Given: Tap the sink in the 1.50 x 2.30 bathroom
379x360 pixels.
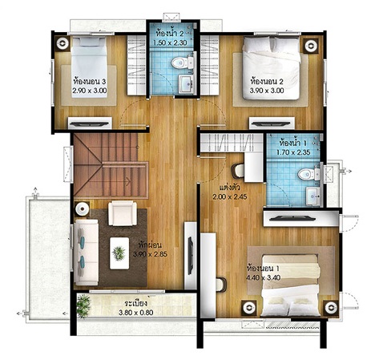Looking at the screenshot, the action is click(x=185, y=84).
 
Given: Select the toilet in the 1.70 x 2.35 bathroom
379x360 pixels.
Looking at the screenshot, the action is click(x=308, y=174).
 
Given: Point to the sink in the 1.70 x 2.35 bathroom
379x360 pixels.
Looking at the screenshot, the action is click(x=312, y=196).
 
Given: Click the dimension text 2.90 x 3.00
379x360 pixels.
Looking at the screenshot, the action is click(x=90, y=91).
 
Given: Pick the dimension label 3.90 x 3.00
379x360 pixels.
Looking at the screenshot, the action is click(x=267, y=91).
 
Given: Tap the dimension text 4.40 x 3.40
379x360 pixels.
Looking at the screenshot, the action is click(x=263, y=278).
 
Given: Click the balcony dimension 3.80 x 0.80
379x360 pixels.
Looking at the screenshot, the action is click(x=136, y=313).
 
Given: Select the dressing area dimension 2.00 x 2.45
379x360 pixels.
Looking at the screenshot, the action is click(x=230, y=197).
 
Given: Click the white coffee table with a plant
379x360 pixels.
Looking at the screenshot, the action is click(x=119, y=253).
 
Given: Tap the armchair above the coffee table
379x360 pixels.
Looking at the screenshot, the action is click(x=123, y=213).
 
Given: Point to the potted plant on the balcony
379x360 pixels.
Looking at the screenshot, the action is click(x=83, y=305).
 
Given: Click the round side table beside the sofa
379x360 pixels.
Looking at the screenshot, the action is click(x=83, y=208).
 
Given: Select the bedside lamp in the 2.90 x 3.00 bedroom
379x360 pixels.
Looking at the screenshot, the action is click(x=62, y=42).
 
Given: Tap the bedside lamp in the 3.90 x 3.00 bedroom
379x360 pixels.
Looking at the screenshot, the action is click(x=311, y=46).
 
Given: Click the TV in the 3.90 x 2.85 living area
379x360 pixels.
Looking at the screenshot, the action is click(x=191, y=256).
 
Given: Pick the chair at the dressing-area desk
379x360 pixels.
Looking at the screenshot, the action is click(x=238, y=171).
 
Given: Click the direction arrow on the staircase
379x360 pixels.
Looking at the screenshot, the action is click(x=127, y=182).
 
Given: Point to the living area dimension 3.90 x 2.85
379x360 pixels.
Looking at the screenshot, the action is click(x=150, y=254).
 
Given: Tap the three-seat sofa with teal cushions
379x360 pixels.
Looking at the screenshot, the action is click(x=86, y=253).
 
